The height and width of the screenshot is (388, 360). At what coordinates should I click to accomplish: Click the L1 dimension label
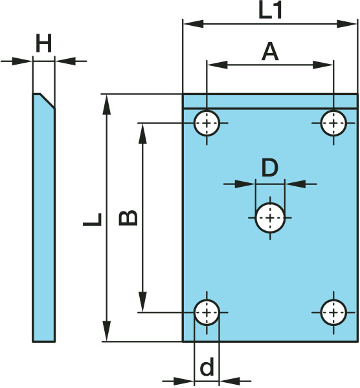click(x=270, y=11)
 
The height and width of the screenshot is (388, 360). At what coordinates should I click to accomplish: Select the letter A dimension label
click(x=270, y=52)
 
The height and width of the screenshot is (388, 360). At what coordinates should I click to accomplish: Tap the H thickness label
click(x=44, y=43)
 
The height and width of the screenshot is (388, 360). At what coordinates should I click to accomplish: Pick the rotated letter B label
click(x=128, y=218)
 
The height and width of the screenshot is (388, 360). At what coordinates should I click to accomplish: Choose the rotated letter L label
click(x=93, y=219)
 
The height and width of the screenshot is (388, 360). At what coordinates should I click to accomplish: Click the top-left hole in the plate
click(x=207, y=123)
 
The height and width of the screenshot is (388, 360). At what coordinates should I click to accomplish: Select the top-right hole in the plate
click(x=333, y=123)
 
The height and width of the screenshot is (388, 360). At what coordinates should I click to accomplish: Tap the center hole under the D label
click(x=270, y=218)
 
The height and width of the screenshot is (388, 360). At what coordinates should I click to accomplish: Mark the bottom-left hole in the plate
click(x=207, y=312)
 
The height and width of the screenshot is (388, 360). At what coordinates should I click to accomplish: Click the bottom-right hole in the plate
click(x=333, y=312)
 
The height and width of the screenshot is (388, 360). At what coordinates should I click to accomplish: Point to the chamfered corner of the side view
click(x=47, y=101)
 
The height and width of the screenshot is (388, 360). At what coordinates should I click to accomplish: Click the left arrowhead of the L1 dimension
click(x=193, y=24)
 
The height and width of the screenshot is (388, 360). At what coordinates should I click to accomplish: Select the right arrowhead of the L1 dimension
click(x=347, y=24)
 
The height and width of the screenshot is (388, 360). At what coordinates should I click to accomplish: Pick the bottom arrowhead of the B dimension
click(x=142, y=301)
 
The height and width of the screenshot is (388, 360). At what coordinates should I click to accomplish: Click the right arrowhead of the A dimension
click(x=323, y=65)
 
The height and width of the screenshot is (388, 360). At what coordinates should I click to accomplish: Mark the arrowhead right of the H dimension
click(x=65, y=61)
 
